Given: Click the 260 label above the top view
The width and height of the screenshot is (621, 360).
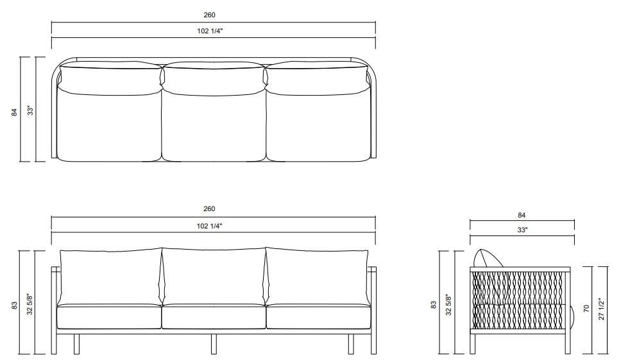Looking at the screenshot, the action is pos(210,15).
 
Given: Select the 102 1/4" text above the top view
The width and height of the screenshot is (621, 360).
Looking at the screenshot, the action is pos(210,31).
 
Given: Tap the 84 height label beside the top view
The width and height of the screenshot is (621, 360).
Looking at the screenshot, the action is pos(15,112).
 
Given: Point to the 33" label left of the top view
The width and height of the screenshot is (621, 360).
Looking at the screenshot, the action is pos(31,110).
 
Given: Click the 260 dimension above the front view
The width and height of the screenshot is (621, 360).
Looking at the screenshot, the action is pos(209,209).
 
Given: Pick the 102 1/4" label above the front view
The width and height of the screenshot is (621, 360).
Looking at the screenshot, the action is pos(210,226).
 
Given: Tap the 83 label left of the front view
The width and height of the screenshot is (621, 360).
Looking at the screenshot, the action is pos(14,305).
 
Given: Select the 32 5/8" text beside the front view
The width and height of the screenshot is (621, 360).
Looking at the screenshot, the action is pos(30,304).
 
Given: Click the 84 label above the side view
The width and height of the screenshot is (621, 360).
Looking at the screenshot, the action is pos(522,215).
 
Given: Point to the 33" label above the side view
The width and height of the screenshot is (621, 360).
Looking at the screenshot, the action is pos(522,230).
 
